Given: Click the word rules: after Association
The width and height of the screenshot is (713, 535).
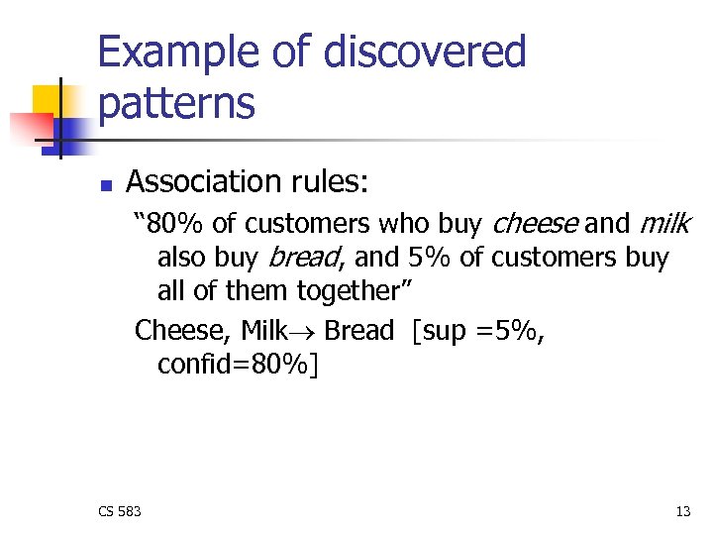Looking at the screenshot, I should (330, 181).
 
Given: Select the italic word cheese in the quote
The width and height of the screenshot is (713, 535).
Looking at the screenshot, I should (535, 224).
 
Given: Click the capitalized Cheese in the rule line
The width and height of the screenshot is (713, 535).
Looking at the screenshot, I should (181, 330).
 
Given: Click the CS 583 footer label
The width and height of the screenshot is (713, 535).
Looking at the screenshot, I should (119, 511).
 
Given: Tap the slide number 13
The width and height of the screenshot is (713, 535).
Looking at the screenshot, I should (682, 511).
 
